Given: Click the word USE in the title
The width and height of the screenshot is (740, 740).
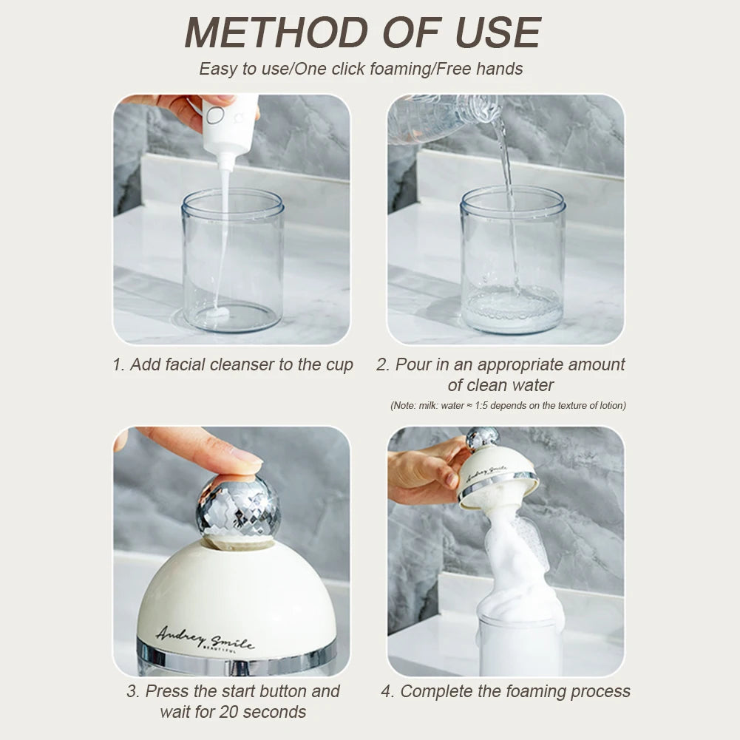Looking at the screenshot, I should (498, 33).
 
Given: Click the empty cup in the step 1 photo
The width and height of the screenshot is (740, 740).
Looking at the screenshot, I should (232, 259).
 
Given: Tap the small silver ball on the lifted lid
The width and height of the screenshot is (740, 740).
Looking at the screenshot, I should (482, 438).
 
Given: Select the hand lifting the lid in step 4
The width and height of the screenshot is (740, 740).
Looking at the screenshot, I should (421, 473).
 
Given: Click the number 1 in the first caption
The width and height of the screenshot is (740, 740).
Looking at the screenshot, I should (117, 364).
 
